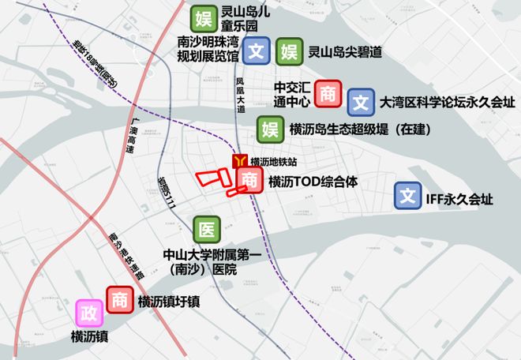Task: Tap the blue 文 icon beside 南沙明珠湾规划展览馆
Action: click(x=255, y=51)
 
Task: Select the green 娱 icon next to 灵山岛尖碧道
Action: click(x=288, y=51)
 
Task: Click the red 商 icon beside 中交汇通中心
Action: click(x=327, y=94)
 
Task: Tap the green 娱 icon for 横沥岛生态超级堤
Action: click(x=271, y=129)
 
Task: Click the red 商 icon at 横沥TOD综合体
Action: click(x=249, y=180)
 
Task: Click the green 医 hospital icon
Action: click(x=206, y=229)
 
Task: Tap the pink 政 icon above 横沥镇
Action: click(x=90, y=314)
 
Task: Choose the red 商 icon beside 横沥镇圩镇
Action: click(x=119, y=300)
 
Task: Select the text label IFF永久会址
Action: click(x=459, y=199)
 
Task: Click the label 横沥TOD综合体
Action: click(x=313, y=182)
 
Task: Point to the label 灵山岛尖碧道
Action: click(x=345, y=52)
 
